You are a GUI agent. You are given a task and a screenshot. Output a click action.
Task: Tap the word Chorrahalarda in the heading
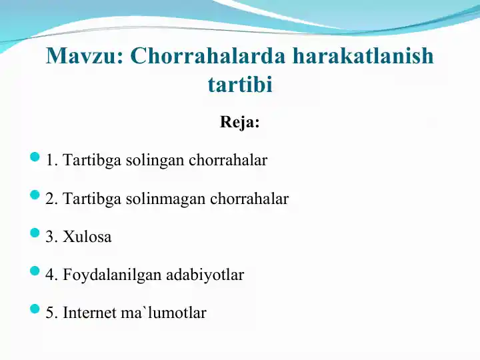(208, 56)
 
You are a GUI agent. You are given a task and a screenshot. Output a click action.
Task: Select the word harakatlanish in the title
(363, 55)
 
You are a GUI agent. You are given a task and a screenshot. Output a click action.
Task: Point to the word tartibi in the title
(240, 84)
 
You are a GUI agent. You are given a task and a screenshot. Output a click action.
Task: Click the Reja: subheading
(240, 122)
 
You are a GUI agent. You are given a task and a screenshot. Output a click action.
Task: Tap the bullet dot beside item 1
(35, 157)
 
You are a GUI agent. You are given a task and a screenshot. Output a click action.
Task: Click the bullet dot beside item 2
(35, 195)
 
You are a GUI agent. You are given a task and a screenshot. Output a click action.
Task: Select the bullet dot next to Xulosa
(35, 233)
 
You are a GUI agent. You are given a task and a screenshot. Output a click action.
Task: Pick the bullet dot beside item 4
(35, 271)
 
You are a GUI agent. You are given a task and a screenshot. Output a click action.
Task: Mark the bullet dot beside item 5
(35, 309)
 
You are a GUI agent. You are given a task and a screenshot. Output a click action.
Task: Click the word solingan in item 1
(155, 161)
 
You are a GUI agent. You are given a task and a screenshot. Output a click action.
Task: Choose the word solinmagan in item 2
(165, 199)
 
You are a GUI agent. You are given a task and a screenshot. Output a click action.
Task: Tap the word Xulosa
(87, 237)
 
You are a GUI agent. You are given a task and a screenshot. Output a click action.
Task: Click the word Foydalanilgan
(113, 275)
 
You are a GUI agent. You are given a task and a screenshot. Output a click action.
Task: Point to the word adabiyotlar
(205, 275)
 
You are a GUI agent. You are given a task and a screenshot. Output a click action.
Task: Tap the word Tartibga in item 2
(92, 199)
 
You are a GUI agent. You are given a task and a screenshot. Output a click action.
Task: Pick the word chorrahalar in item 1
(228, 160)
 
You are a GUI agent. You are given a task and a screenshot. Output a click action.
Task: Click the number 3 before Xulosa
(49, 237)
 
